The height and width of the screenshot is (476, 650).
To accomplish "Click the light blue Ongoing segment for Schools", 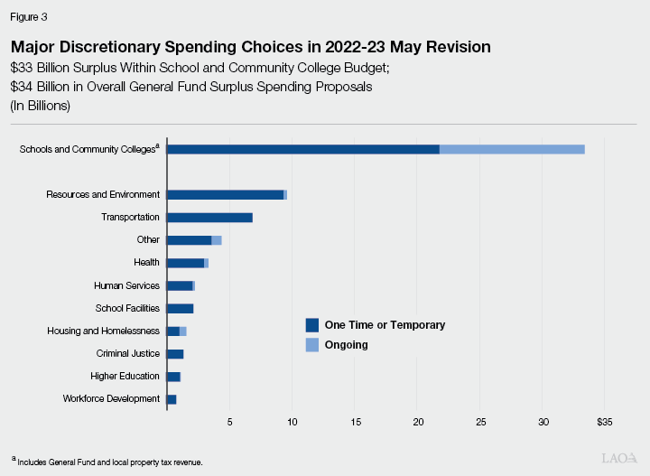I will click(x=512, y=149).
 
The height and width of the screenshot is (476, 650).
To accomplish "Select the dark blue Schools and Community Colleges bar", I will click(x=303, y=149).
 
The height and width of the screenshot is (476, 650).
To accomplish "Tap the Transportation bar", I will click(x=209, y=218).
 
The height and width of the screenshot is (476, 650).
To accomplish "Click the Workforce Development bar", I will click(x=172, y=399).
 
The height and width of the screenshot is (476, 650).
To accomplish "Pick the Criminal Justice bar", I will click(x=175, y=354).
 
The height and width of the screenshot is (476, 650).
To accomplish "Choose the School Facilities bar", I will click(x=180, y=309).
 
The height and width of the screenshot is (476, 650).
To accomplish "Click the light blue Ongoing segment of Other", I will click(x=217, y=240).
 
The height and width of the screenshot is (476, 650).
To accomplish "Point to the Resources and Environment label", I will click(x=103, y=194).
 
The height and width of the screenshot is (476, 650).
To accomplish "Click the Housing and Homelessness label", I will click(x=103, y=331).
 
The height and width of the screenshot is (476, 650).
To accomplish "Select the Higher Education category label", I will click(x=125, y=377).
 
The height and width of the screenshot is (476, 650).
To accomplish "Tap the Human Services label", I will click(x=126, y=285).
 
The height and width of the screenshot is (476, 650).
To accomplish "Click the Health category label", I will click(x=146, y=263).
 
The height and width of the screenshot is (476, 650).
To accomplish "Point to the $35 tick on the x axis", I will click(x=604, y=422).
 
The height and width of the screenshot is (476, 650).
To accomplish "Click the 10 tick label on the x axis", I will click(x=292, y=422).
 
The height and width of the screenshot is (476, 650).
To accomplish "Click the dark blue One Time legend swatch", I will click(x=312, y=325).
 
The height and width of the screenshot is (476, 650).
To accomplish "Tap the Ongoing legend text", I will click(x=347, y=345).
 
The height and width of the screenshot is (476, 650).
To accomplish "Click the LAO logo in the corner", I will click(x=619, y=458).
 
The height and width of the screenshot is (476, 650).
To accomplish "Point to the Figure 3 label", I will click(x=29, y=17).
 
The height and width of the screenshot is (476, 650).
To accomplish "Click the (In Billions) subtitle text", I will click(x=42, y=105).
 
